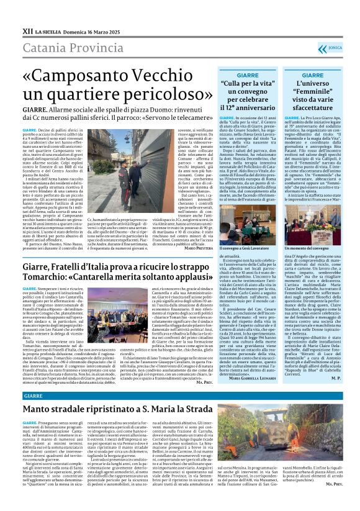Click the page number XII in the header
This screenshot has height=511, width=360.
click(x=27, y=30)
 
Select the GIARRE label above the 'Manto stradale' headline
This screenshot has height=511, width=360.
click(x=34, y=395)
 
